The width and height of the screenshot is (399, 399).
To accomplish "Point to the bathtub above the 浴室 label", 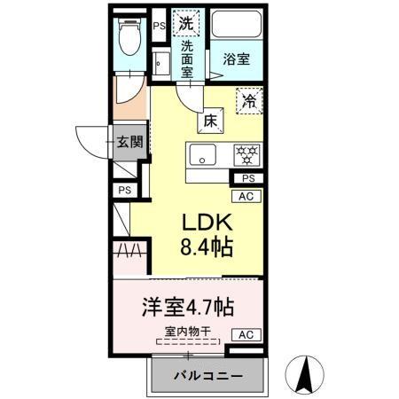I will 236,27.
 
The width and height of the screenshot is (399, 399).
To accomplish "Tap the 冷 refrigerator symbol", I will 249,102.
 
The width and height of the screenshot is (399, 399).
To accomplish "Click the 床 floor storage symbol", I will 211,120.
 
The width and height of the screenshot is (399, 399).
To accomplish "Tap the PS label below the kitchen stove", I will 247,179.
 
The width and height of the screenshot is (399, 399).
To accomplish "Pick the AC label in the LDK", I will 247,197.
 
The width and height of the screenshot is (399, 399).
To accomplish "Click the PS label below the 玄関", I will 125,189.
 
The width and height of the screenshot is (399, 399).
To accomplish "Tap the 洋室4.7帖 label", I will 189,308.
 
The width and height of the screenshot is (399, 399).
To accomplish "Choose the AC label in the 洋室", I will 247,335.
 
